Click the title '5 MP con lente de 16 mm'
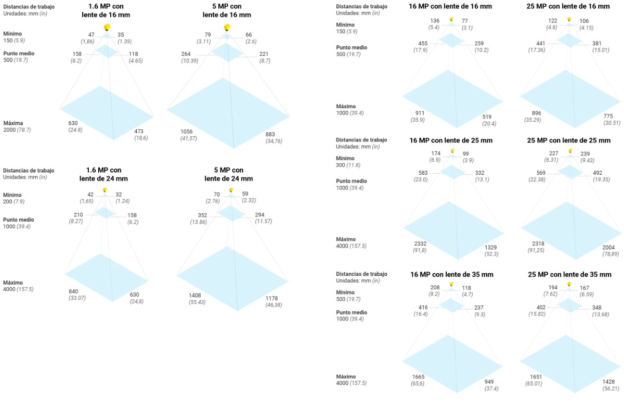point(227,10)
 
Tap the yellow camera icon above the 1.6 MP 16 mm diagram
point(107,27)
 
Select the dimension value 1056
point(187,131)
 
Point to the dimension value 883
point(270,134)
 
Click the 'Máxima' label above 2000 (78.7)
point(13,123)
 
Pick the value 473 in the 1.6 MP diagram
point(139,131)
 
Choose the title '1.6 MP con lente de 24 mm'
point(103,174)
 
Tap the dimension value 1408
point(194,295)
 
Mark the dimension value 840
point(73,291)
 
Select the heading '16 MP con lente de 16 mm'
point(450,6)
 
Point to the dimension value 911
point(420,113)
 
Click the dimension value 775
point(608,116)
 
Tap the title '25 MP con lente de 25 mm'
point(568,140)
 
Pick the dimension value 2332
point(420,243)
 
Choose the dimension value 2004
point(608,247)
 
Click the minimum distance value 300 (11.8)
point(348,165)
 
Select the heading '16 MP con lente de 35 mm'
point(451,274)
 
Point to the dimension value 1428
point(609,382)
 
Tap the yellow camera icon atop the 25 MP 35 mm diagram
point(569,284)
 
